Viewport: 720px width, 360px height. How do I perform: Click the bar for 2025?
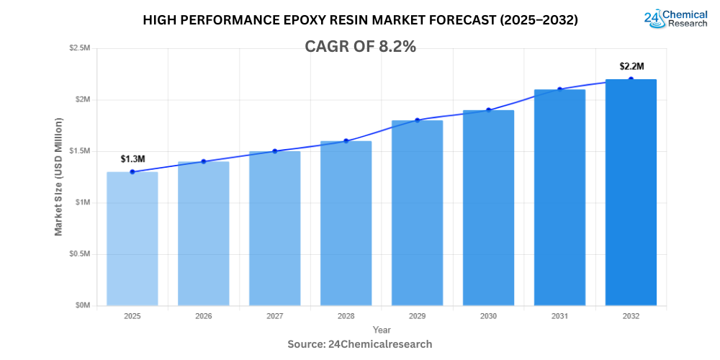(132, 238)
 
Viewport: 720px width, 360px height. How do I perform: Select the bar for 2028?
(346, 223)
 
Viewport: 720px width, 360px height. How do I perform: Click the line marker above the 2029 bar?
(417, 120)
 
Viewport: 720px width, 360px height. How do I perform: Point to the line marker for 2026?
(203, 161)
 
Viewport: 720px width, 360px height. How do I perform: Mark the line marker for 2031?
(559, 89)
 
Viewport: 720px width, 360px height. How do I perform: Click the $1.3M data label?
(132, 158)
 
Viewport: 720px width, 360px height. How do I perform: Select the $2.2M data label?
(631, 66)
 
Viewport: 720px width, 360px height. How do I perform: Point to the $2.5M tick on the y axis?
(79, 48)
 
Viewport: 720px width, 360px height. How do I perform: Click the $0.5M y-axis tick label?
(79, 254)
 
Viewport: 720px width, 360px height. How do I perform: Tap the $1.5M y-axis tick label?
(79, 151)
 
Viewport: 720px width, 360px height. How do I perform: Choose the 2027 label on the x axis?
(274, 316)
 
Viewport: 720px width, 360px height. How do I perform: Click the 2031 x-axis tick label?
(559, 316)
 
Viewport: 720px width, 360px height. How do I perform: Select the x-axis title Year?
(382, 330)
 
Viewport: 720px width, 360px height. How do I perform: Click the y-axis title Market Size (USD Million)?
(59, 176)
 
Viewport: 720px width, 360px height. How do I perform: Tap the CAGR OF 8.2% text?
(360, 46)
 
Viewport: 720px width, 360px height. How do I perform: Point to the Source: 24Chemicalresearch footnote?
(360, 344)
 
